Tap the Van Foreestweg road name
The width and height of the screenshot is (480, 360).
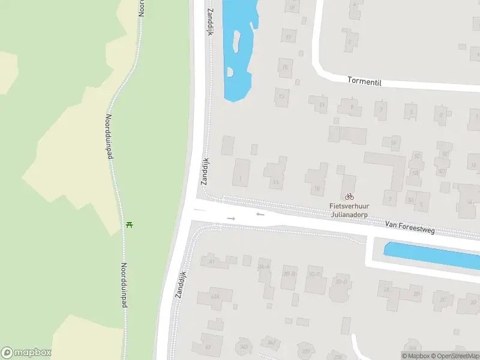pyautogui.click(x=410, y=226)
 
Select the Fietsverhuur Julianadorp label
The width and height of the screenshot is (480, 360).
pyautogui.click(x=349, y=209)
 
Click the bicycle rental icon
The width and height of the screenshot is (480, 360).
pyautogui.click(x=349, y=196)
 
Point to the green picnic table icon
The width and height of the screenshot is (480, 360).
pyautogui.click(x=129, y=225)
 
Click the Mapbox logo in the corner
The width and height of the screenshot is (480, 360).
pyautogui.click(x=26, y=353)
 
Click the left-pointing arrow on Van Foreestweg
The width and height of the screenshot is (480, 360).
pyautogui.click(x=260, y=214)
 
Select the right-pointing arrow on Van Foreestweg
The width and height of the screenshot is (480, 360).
pyautogui.click(x=231, y=218)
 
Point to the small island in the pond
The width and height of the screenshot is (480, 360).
pyautogui.click(x=236, y=42)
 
